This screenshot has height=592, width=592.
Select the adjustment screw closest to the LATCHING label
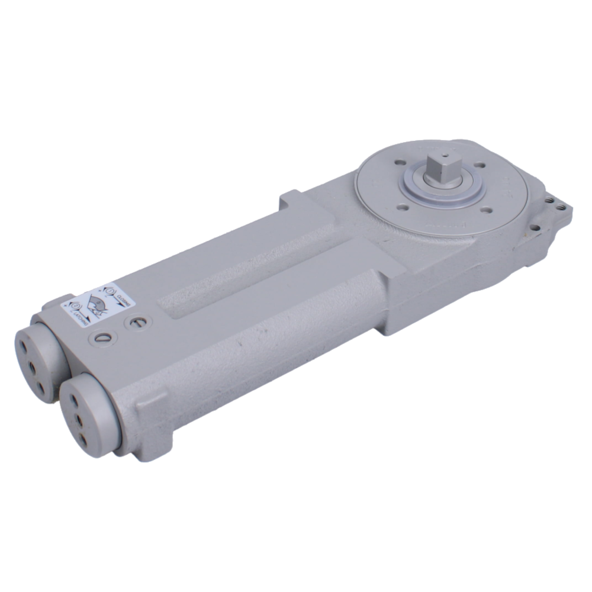coord(100,339)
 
